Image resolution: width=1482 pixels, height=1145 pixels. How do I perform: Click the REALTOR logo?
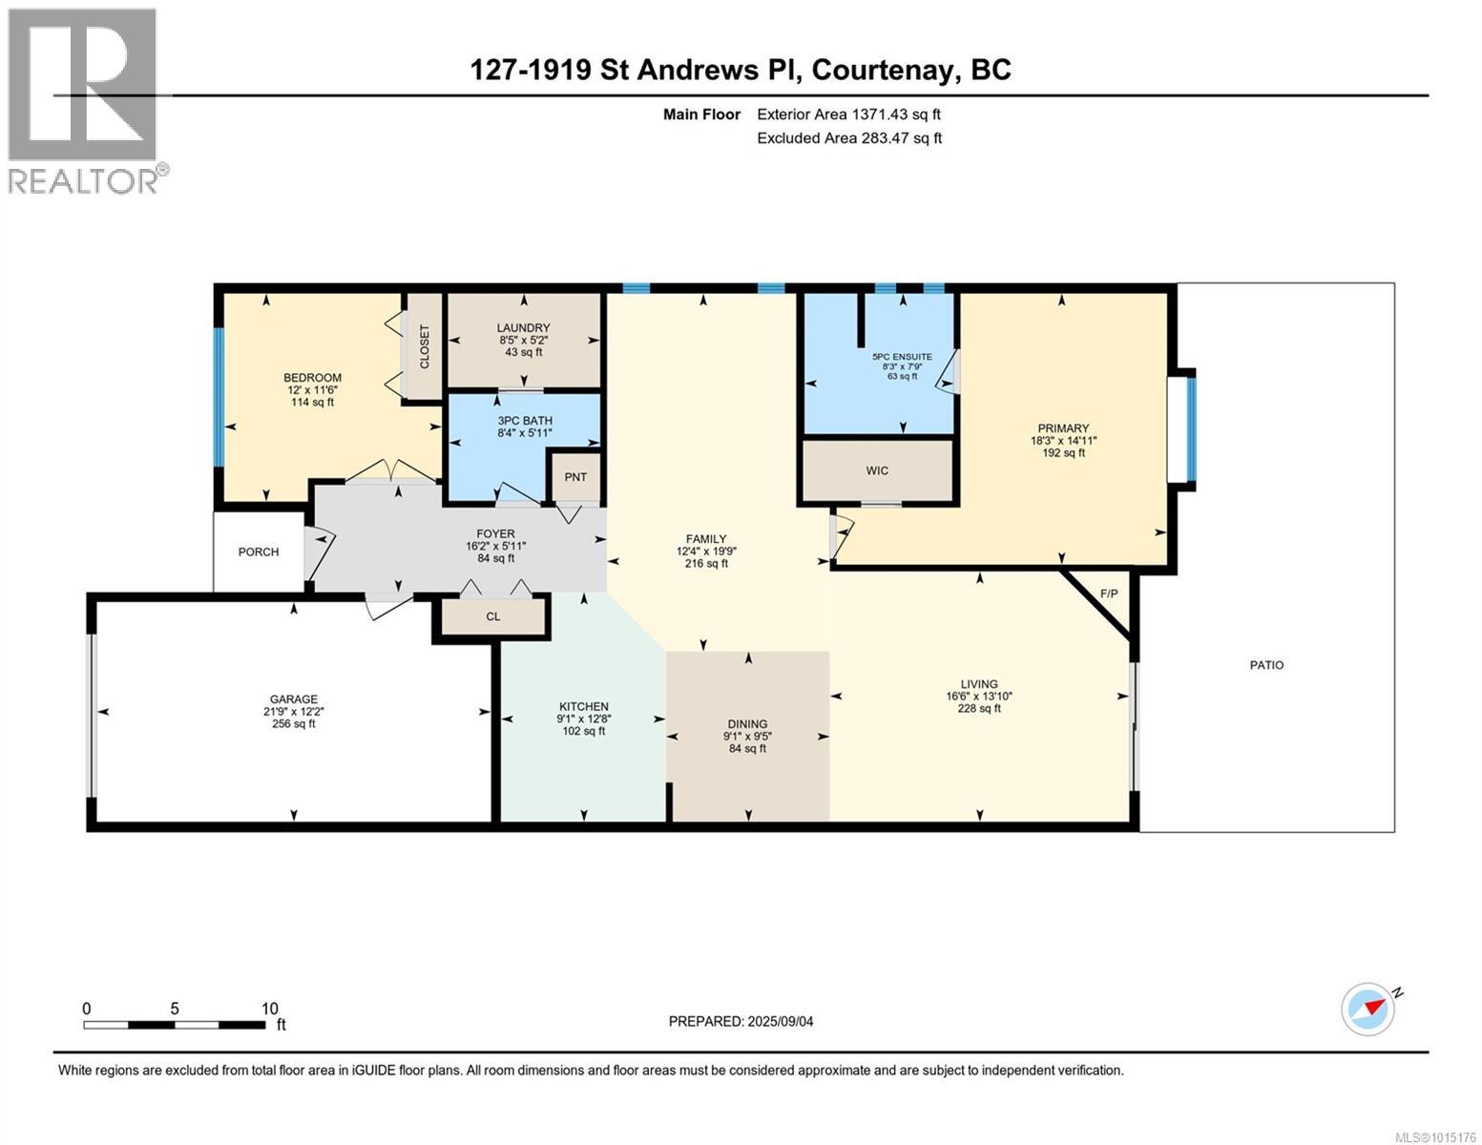point(86,100)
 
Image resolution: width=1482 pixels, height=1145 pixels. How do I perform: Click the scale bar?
point(175,1025)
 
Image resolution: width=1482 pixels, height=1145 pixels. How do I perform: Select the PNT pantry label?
point(575,477)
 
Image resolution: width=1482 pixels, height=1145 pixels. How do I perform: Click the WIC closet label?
point(877,470)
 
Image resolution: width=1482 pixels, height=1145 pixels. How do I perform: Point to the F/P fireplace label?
point(1109,593)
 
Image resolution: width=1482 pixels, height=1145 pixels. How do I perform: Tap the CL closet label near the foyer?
point(493,616)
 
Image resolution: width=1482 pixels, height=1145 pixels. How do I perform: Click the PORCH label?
point(259,552)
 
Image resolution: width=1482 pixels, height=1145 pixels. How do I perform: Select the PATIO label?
point(1266,665)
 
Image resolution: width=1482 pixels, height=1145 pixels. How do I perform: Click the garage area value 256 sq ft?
point(294,724)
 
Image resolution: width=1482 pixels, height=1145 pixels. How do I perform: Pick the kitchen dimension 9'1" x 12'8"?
point(583,718)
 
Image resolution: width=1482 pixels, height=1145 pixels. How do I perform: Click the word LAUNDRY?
point(523,327)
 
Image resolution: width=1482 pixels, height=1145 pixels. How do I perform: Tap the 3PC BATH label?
point(525,421)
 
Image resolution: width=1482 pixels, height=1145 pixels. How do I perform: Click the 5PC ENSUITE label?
point(902,357)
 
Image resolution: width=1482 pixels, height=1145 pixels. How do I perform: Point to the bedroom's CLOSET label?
point(425,346)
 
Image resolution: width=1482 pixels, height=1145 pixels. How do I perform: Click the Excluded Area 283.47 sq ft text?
point(849,138)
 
